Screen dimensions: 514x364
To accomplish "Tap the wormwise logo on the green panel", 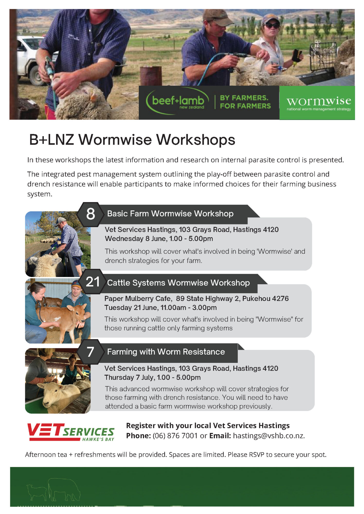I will pos(318,103).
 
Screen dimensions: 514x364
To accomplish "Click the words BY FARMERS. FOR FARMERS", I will pos(245,102).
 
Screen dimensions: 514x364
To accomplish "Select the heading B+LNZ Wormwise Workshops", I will pos(132,140).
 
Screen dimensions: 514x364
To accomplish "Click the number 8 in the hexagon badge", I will pos(91,214).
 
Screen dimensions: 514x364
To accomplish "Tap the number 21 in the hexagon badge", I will pos(93,282).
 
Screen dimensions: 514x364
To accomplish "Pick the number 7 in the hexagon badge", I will pos(90,352).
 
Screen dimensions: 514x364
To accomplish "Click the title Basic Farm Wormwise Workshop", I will pos(170,214).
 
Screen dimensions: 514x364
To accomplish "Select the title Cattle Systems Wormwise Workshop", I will pos(178,283).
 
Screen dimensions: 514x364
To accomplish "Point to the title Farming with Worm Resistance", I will pos(166,352).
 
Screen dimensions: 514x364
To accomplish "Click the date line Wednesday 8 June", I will pos(159,238).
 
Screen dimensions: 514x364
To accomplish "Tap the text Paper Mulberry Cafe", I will pos(138,298).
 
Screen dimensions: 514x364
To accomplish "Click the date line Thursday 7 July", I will pos(152,377).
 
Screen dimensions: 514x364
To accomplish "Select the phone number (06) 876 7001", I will pos(175,436).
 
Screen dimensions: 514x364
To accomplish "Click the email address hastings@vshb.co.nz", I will pos(269,436).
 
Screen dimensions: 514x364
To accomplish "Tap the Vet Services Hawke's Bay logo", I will pos(71,432).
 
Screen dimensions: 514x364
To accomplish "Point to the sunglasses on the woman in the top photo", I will pos(272,25).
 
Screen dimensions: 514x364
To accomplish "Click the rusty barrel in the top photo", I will pos(151,76).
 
